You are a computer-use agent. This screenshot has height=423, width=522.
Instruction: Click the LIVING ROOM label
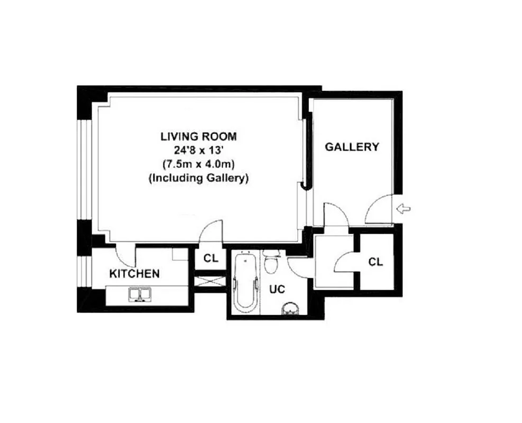(x=198, y=136)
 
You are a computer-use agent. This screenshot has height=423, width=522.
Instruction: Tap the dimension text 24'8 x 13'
(x=198, y=150)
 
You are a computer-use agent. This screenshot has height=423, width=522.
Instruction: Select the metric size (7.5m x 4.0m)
(x=198, y=164)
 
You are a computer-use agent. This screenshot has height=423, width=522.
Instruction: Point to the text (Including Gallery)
(x=198, y=178)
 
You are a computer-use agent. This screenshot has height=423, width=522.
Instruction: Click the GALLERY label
(x=352, y=147)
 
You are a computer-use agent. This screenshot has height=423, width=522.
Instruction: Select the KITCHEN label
(x=134, y=274)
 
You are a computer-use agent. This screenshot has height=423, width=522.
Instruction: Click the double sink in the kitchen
(x=140, y=294)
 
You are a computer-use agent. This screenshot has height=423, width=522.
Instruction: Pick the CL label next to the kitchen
(x=211, y=259)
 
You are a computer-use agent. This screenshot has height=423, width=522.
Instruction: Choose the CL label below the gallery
(x=376, y=261)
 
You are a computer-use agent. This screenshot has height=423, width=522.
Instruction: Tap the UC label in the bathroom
(x=277, y=290)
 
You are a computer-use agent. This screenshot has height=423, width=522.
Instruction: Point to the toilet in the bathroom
(x=272, y=263)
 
